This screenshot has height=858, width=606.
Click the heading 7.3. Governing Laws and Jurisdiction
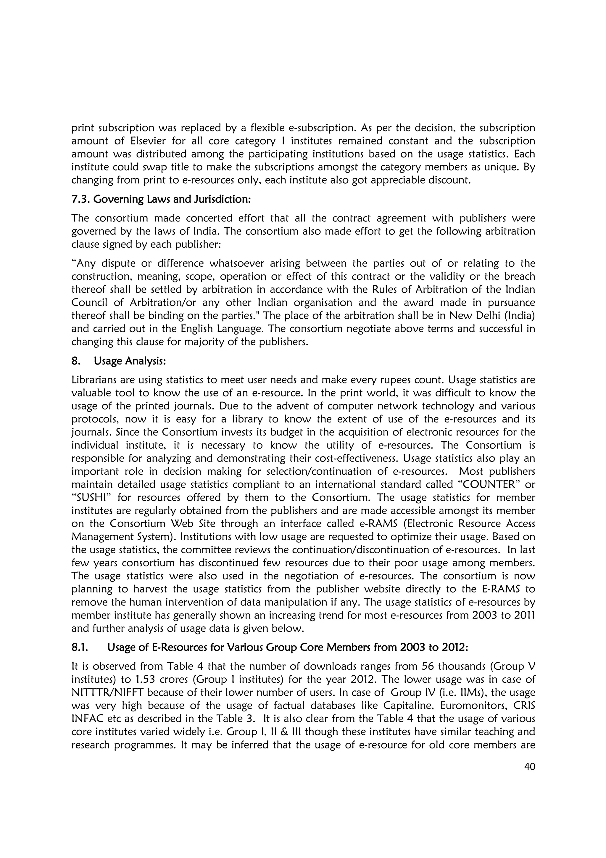[161, 199]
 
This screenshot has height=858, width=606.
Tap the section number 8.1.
[80, 647]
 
